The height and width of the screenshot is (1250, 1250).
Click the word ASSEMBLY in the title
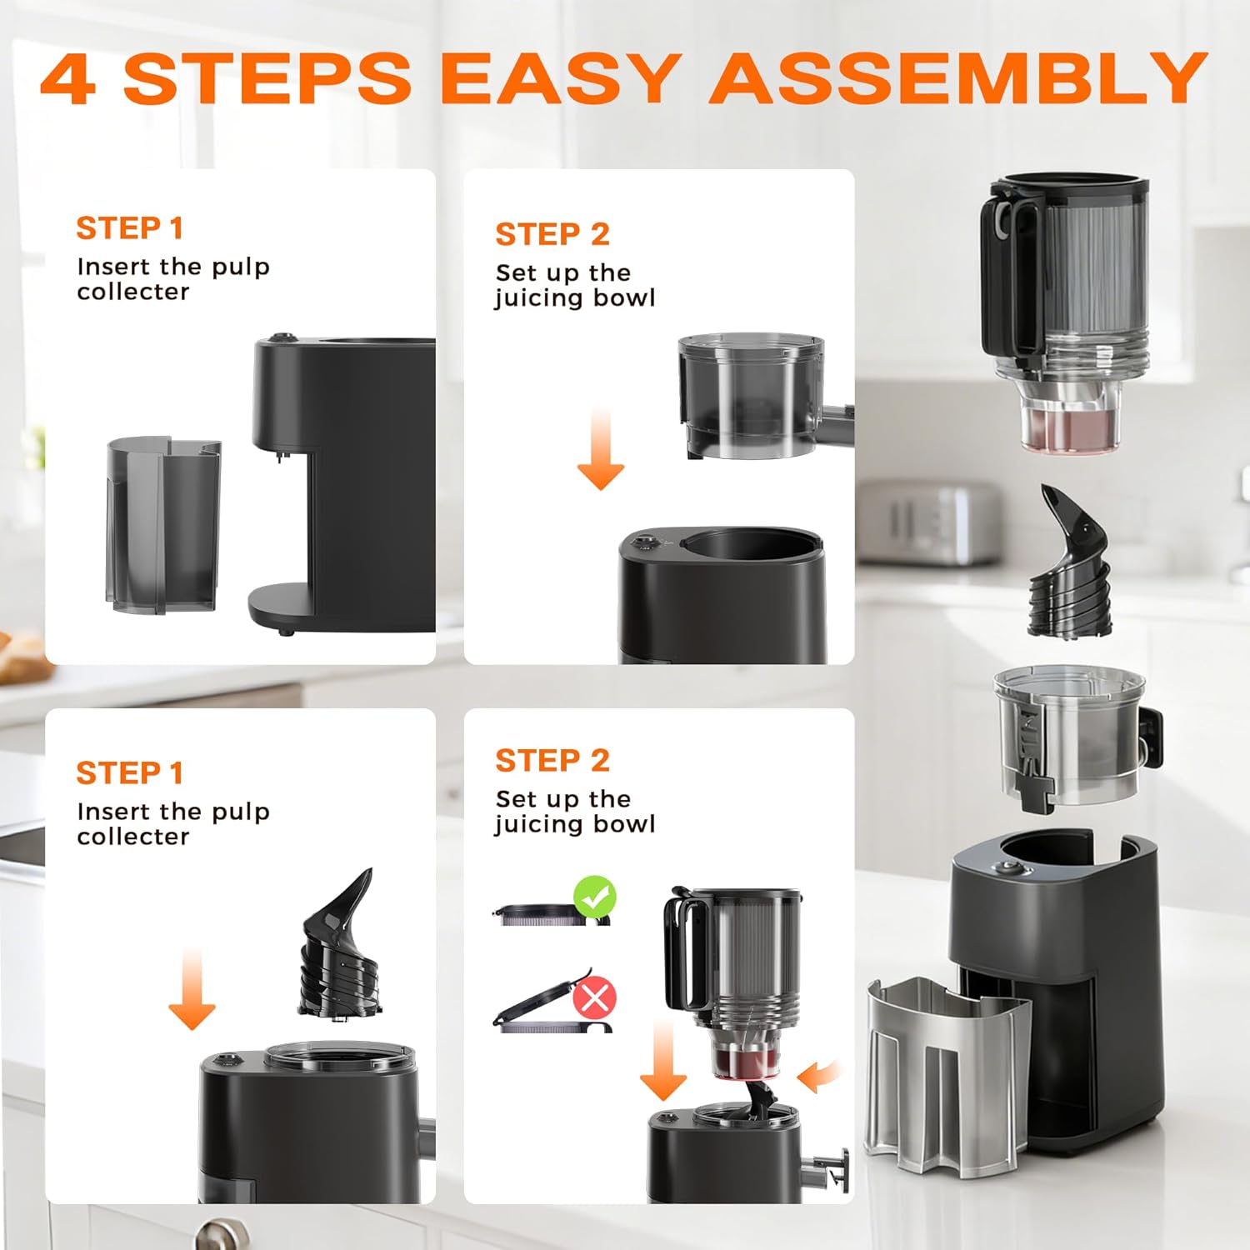958,77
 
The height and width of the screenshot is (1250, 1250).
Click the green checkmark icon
594,897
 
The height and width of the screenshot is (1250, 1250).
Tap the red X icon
595,997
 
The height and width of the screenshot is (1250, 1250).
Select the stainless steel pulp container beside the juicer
946,1075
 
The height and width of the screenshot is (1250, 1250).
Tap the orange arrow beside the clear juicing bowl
600,450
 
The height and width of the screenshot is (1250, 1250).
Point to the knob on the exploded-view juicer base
1010,868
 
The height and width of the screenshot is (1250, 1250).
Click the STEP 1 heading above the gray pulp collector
129,228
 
